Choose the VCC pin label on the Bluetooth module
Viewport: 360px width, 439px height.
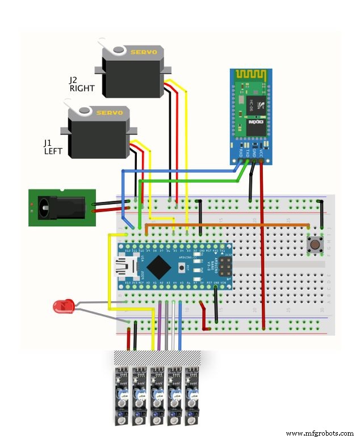pyautogui.click(x=261, y=152)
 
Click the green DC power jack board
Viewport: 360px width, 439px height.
pyautogui.click(x=57, y=208)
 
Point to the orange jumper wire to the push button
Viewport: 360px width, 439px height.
pyautogui.click(x=227, y=225)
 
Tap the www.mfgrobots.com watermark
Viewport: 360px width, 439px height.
pyautogui.click(x=320, y=433)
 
